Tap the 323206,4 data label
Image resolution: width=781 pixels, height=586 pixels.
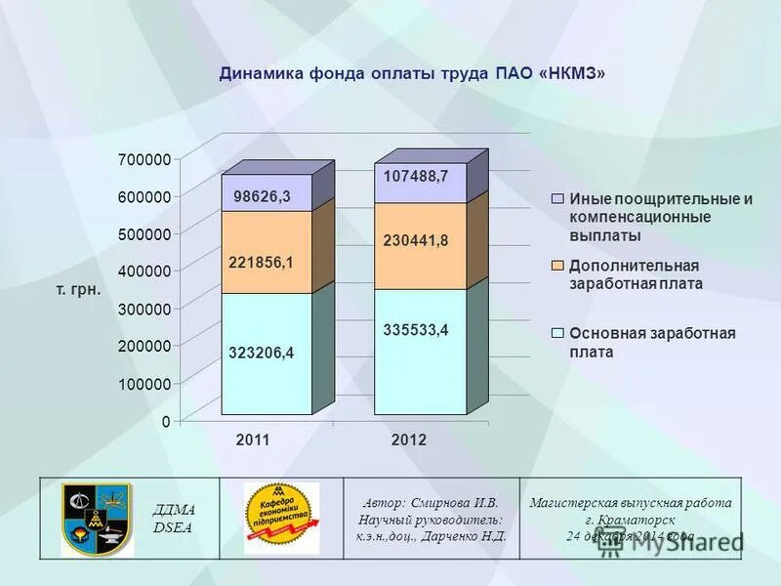tap(262, 354)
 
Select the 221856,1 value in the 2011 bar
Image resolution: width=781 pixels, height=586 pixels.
tap(262, 262)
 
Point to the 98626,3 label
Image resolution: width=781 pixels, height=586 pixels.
tap(262, 196)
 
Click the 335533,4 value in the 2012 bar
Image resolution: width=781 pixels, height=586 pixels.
tap(416, 330)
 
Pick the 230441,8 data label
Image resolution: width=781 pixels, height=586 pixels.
tap(416, 240)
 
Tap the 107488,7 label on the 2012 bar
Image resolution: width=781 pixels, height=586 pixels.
tap(416, 176)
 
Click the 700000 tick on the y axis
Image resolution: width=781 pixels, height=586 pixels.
tap(144, 159)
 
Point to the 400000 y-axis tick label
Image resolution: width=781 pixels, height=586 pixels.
tap(144, 271)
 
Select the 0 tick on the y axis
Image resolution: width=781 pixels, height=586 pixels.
tap(165, 421)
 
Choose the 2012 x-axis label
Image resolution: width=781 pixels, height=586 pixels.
tap(409, 440)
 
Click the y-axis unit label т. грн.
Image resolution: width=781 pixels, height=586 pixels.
tap(79, 290)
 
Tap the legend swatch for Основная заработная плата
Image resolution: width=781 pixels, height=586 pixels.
tap(557, 333)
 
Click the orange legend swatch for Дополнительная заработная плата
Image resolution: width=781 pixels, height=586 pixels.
tap(557, 266)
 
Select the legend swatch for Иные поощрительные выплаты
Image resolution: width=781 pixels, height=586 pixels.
tap(557, 198)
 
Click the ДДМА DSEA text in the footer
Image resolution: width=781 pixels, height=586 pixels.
tap(175, 518)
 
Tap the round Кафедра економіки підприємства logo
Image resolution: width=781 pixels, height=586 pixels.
tap(281, 518)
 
